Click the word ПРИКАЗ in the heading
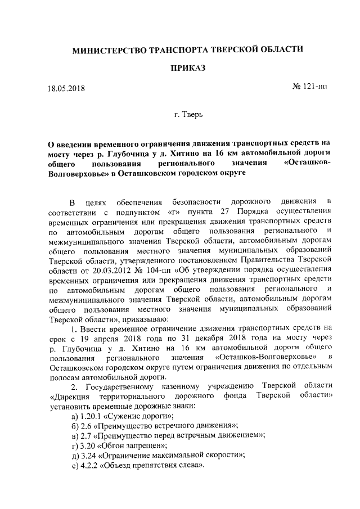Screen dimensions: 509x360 tap(188, 68)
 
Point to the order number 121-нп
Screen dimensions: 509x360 tap(309, 87)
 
